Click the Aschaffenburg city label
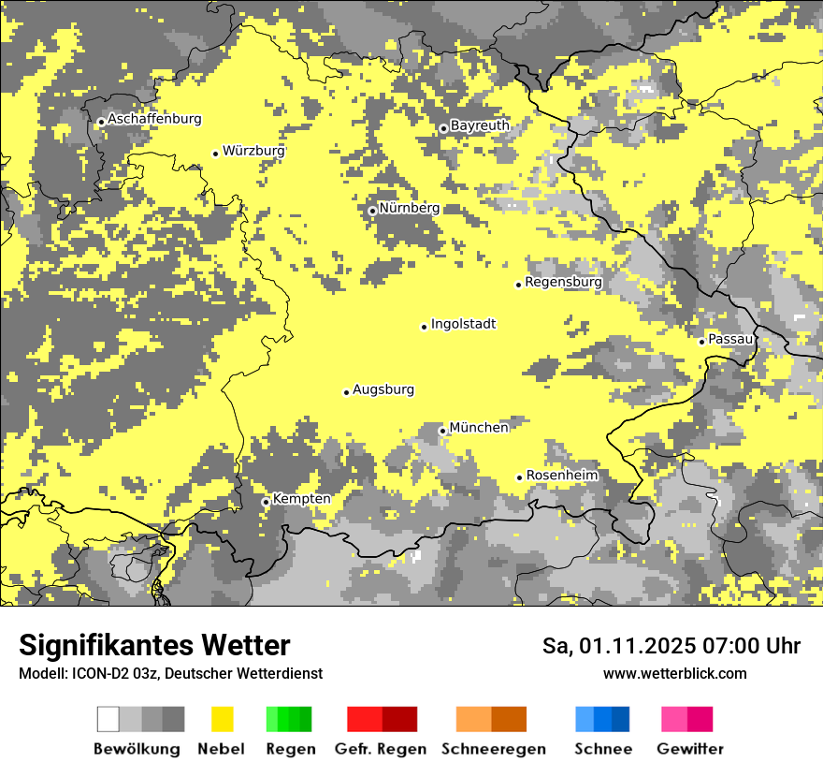coord(154,119)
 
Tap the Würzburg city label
coord(253,151)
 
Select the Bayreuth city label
coord(480,125)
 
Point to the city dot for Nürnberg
coord(372,211)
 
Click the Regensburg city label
coord(563,282)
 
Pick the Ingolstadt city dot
coord(424,327)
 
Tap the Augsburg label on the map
coord(383,389)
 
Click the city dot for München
coord(442,431)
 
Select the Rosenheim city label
coord(561,476)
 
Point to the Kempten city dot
coord(266,502)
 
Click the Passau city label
coord(730,339)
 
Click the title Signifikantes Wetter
coord(154,645)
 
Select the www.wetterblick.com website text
coord(674,673)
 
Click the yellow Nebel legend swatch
coord(223,719)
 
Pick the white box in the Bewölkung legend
coord(108,719)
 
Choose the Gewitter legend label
coord(689,749)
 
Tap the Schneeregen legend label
coord(493,749)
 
